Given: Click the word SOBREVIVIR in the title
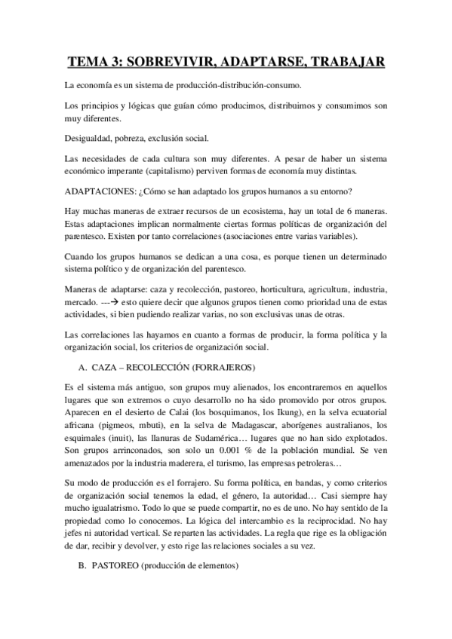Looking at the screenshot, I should pos(168,62).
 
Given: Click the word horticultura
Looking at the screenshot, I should pos(294,290).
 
